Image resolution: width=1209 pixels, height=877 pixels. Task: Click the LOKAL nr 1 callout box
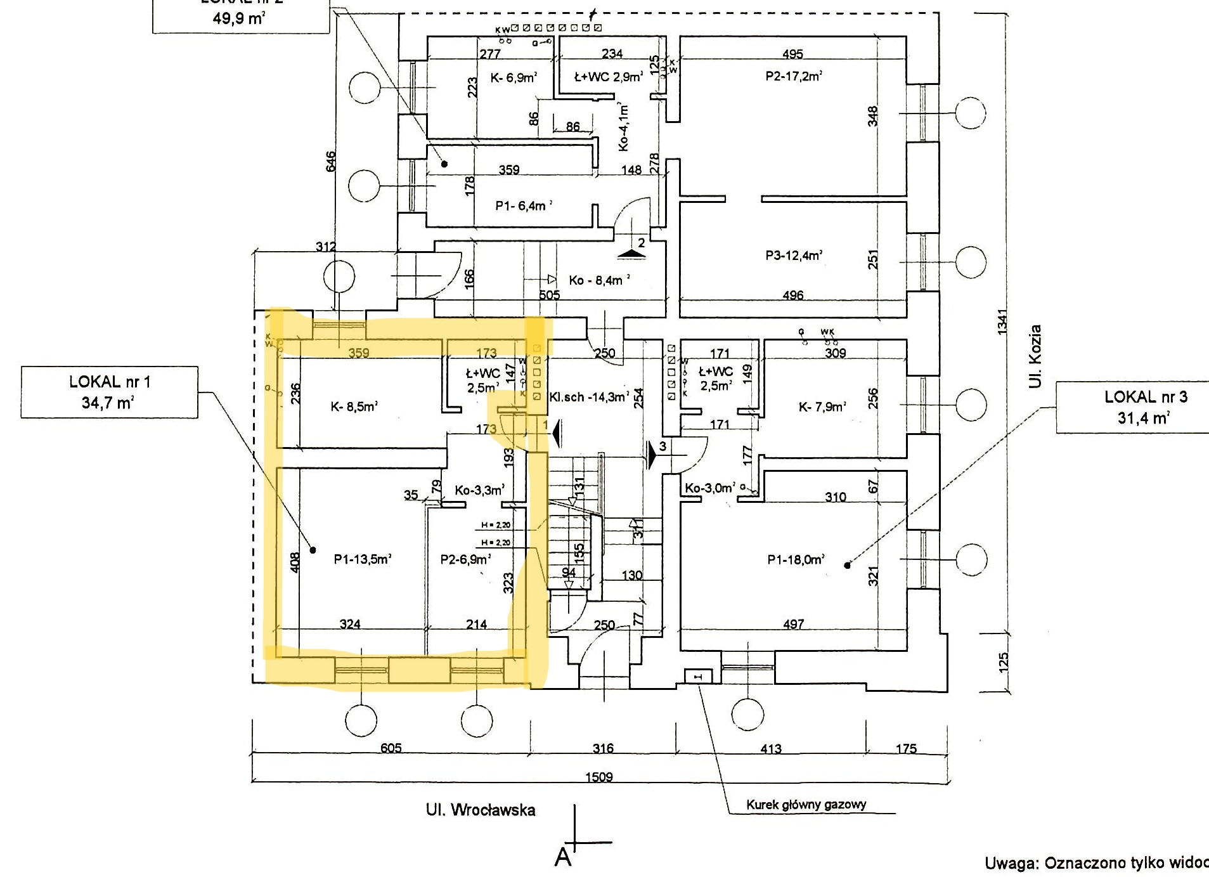click(109, 392)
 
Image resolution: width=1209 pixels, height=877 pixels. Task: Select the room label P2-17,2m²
click(793, 76)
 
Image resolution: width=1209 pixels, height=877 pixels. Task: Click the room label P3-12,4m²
click(793, 256)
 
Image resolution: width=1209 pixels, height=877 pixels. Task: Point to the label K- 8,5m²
click(354, 406)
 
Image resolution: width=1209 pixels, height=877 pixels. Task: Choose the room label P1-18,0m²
click(796, 559)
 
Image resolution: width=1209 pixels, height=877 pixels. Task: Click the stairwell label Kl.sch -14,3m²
click(589, 397)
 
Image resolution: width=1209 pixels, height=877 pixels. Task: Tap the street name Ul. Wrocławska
click(480, 810)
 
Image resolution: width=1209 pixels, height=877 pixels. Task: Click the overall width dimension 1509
click(598, 777)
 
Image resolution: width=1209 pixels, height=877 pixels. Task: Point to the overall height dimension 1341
click(1002, 322)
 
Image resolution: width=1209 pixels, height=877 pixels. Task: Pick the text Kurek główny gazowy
click(806, 805)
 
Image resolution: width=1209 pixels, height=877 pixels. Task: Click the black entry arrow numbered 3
click(652, 454)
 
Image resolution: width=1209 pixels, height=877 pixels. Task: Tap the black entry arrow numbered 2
click(631, 254)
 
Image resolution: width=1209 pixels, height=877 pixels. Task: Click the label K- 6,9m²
click(514, 77)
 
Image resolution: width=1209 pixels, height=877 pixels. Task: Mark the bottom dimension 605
click(391, 748)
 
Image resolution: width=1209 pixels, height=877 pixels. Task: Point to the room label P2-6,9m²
click(465, 559)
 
